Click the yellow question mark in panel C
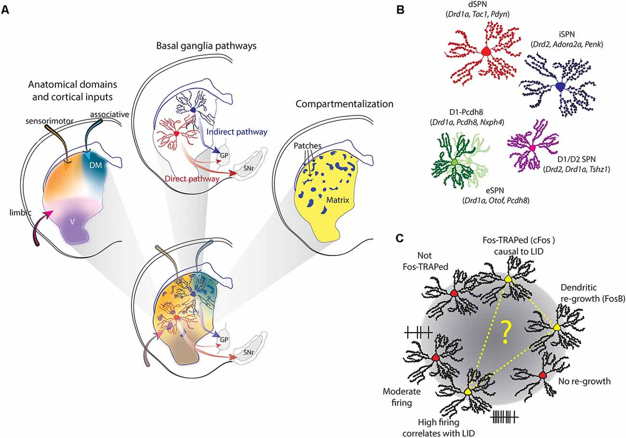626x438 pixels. point(503,332)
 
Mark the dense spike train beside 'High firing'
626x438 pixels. point(503,416)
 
